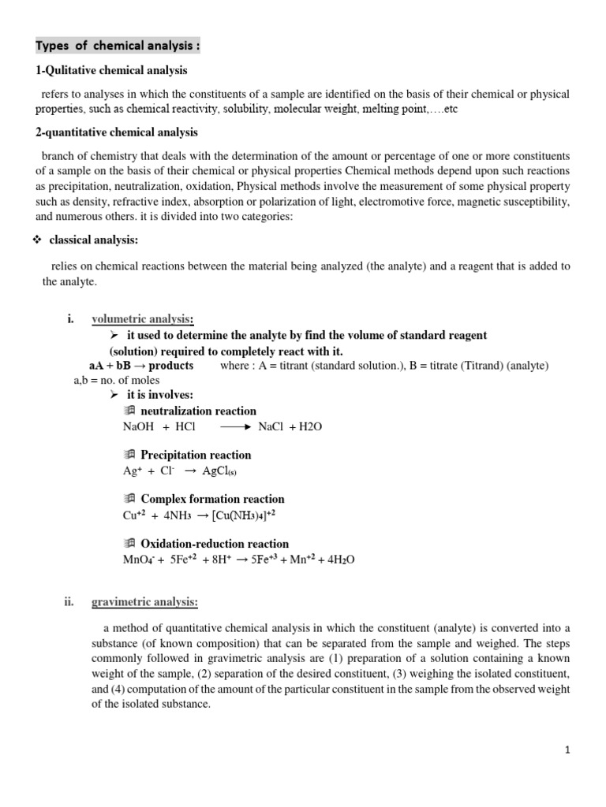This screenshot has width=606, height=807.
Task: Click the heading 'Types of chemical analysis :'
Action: coord(118,46)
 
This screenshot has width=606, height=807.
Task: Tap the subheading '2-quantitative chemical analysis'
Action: coord(117,132)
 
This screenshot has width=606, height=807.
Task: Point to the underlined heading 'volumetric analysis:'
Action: coord(143,319)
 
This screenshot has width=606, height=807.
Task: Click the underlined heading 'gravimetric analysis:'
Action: coord(145,603)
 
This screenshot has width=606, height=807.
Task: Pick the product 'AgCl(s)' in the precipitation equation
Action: coord(220,471)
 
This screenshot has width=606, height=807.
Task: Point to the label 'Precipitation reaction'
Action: coord(196,455)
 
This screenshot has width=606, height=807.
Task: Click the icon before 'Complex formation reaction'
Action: coord(130,499)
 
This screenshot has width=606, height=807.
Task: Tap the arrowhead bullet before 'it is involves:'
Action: coord(114,395)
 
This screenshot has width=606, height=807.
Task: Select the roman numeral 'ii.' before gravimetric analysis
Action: coord(69,603)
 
